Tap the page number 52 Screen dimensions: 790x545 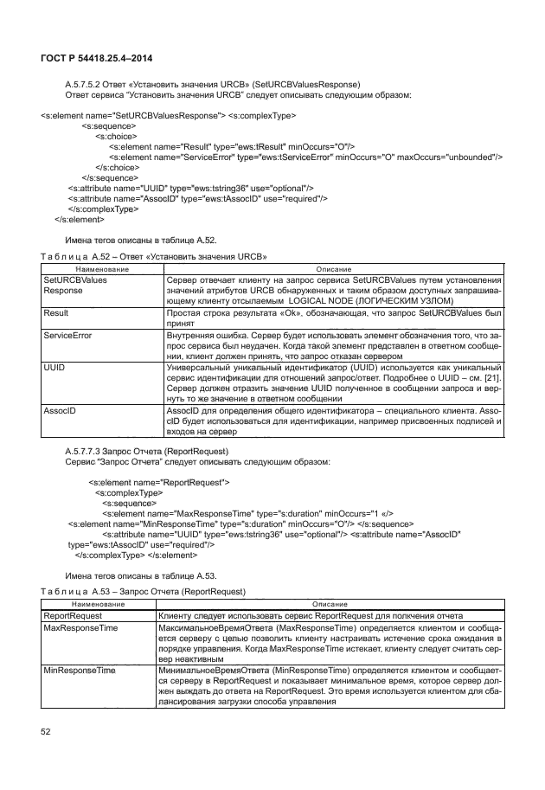[47, 732]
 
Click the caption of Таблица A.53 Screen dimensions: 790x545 [144, 590]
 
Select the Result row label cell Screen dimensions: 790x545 [56, 314]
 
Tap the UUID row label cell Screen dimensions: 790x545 [54, 368]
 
